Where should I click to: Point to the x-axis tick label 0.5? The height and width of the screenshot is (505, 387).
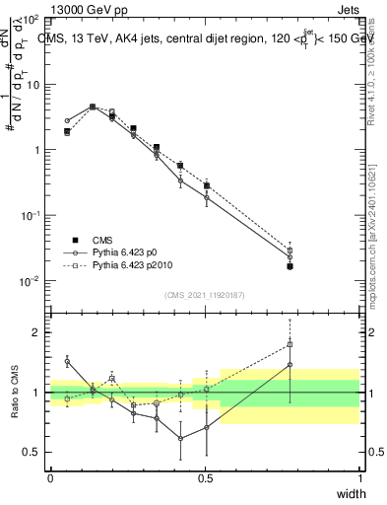pos(205,478)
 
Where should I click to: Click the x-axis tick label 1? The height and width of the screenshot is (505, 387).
pos(359,478)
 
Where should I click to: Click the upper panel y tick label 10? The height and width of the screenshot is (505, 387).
pos(32,85)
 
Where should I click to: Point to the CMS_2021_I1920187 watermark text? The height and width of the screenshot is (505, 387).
pos(205,295)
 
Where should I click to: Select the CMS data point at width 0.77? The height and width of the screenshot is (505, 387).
pos(290,266)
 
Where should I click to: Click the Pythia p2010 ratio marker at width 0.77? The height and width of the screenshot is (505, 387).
pos(290,344)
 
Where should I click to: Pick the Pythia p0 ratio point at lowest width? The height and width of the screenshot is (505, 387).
pos(67,362)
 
